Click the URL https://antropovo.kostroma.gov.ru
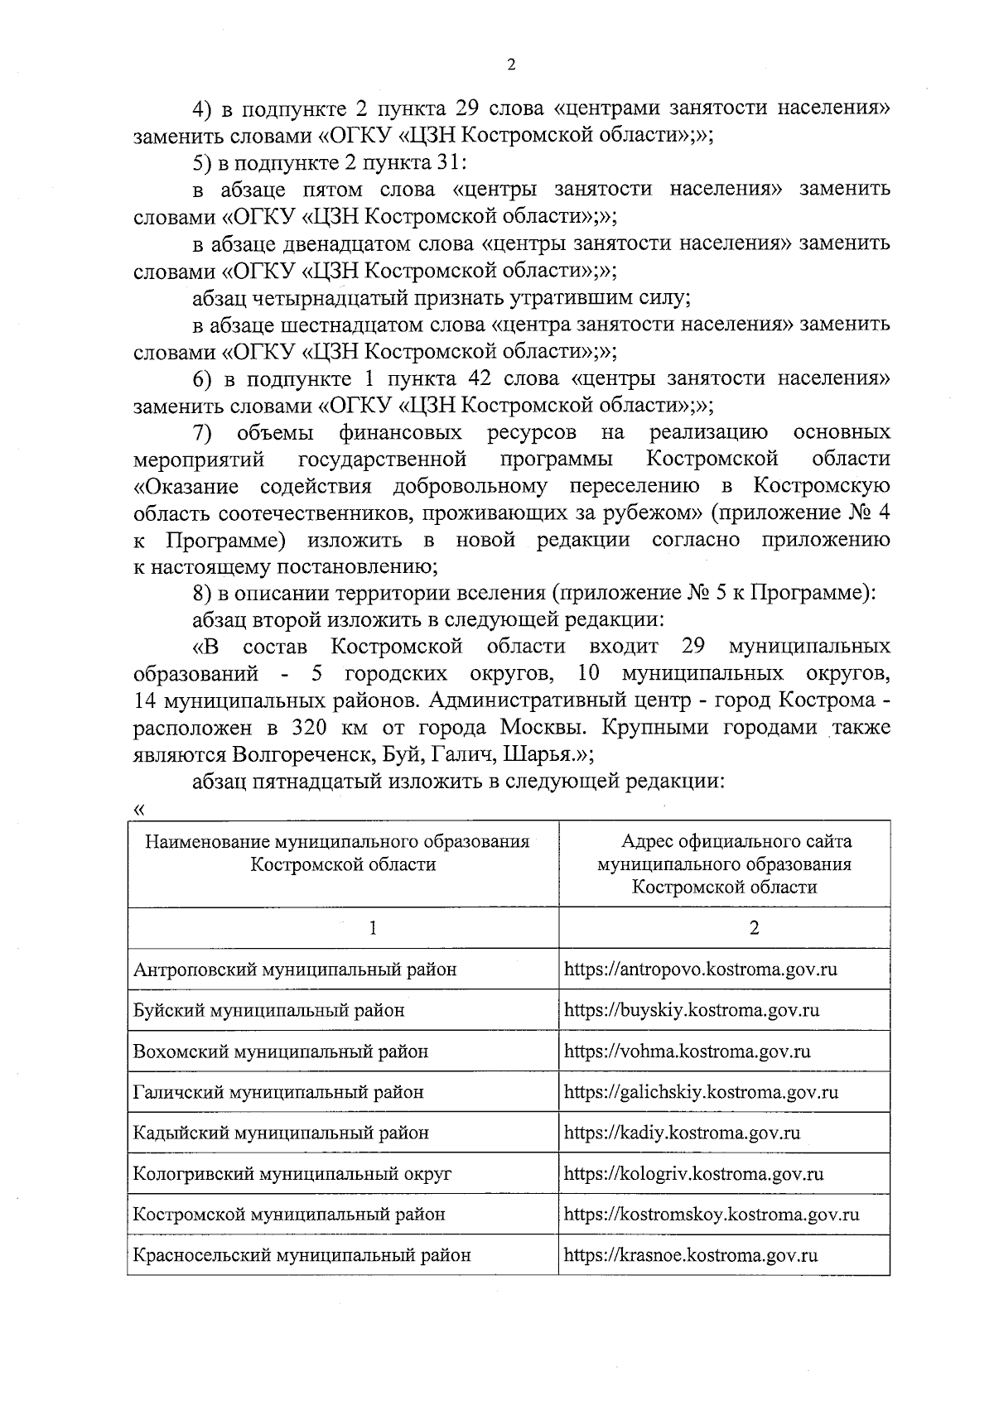click(700, 969)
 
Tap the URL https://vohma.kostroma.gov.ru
click(687, 1051)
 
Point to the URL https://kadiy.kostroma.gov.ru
click(682, 1133)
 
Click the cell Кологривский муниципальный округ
click(292, 1173)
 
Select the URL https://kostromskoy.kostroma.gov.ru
click(711, 1215)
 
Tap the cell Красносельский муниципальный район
click(302, 1255)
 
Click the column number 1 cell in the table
click(374, 928)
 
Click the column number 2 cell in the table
click(754, 928)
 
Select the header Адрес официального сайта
click(736, 842)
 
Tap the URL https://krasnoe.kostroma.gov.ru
click(691, 1255)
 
